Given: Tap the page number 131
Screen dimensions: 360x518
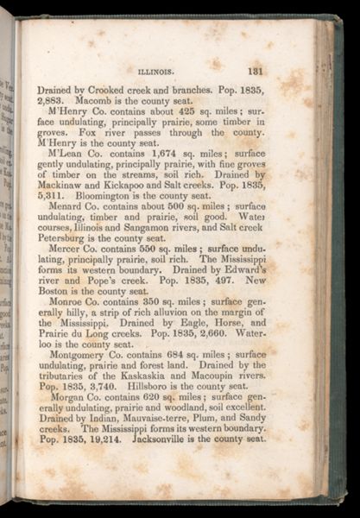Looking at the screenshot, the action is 256,73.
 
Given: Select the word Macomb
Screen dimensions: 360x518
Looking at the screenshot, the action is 106,101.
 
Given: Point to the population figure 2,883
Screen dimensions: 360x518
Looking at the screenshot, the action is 52,101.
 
